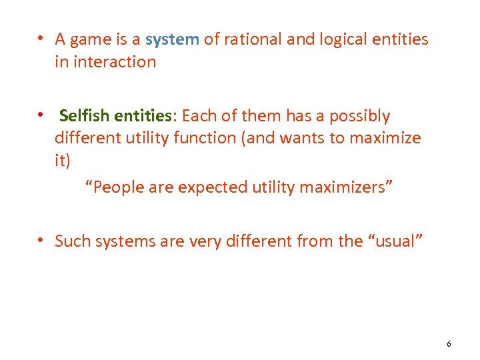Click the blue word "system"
[172, 40]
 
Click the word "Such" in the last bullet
[73, 241]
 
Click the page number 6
[449, 344]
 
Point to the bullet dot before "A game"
[41, 39]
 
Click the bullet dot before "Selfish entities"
[41, 115]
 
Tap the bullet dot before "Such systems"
[41, 240]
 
